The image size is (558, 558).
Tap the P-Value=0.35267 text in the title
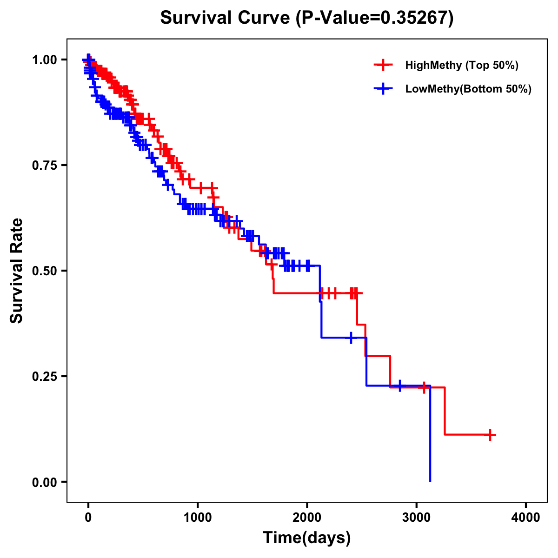tap(375, 18)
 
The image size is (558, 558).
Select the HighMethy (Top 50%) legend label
tap(461, 65)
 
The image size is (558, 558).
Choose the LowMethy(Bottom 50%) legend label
tap(468, 89)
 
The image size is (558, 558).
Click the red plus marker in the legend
tap(383, 65)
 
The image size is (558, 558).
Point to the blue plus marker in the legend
tap(383, 89)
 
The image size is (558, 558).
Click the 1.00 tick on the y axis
tap(44, 60)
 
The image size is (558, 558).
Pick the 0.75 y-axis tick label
tap(44, 165)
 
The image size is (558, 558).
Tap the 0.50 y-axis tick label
tap(44, 271)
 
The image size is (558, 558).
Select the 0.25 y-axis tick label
tap(44, 376)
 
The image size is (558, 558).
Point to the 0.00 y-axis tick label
tap(44, 482)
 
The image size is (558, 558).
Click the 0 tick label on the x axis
tap(88, 517)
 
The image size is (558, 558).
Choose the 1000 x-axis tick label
tap(198, 517)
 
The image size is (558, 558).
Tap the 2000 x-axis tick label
tap(307, 517)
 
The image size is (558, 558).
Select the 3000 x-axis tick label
tap(417, 517)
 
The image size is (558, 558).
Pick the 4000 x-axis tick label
tap(526, 517)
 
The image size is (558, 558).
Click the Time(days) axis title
tap(307, 538)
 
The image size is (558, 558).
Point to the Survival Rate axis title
tap(17, 270)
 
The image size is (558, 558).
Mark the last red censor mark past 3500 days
tap(490, 435)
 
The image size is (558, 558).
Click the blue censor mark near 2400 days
tap(351, 338)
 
